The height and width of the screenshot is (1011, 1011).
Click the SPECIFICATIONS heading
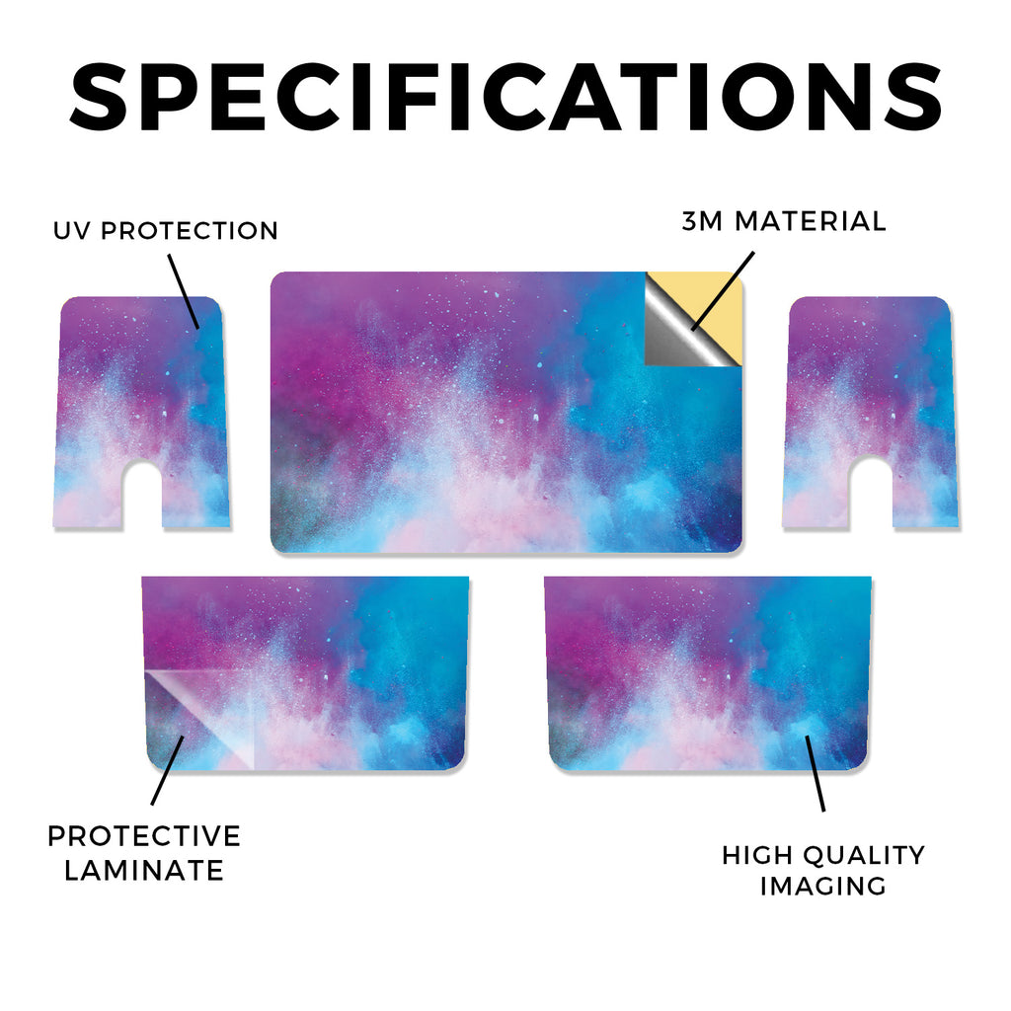505,98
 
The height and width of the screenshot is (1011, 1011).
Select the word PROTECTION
190,231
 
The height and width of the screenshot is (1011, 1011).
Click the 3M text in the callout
703,221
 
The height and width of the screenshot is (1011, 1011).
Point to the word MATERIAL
811,221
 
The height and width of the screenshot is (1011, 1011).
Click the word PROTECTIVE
144,836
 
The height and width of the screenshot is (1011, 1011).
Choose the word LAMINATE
144,871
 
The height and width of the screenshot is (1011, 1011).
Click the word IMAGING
822,886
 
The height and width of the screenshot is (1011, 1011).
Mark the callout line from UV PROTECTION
184,291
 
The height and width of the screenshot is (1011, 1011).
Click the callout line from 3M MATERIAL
722,291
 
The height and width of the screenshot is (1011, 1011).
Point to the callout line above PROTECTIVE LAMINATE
168,770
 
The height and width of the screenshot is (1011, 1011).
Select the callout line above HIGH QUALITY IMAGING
815,773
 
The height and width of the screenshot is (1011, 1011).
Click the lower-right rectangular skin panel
708,673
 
